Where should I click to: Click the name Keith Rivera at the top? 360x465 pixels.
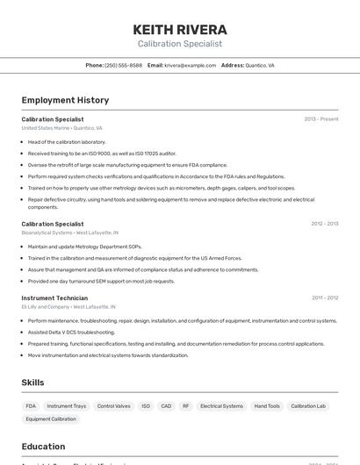(x=180, y=30)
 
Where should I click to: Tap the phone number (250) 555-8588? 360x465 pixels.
(x=123, y=65)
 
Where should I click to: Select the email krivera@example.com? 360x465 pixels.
(x=190, y=65)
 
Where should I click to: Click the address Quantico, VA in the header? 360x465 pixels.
(x=259, y=65)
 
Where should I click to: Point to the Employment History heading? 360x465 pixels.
(x=65, y=100)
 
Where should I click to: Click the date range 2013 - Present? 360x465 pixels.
(x=320, y=118)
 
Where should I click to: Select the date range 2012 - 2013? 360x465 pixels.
(x=324, y=224)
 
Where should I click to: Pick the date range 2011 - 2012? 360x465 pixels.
(x=324, y=298)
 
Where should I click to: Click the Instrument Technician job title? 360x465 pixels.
(x=54, y=298)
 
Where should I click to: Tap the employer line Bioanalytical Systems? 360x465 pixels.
(x=69, y=232)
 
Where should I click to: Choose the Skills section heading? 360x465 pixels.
(x=33, y=383)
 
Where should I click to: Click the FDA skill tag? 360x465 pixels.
(x=31, y=406)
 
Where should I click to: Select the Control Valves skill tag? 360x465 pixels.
(x=113, y=406)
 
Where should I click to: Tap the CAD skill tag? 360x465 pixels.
(x=166, y=406)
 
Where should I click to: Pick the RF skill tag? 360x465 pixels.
(x=185, y=406)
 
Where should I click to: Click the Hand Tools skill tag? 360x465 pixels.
(x=267, y=406)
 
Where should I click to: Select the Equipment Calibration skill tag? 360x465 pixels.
(x=51, y=419)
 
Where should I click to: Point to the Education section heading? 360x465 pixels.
(x=43, y=446)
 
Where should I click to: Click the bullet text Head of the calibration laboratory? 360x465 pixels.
(x=67, y=141)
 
